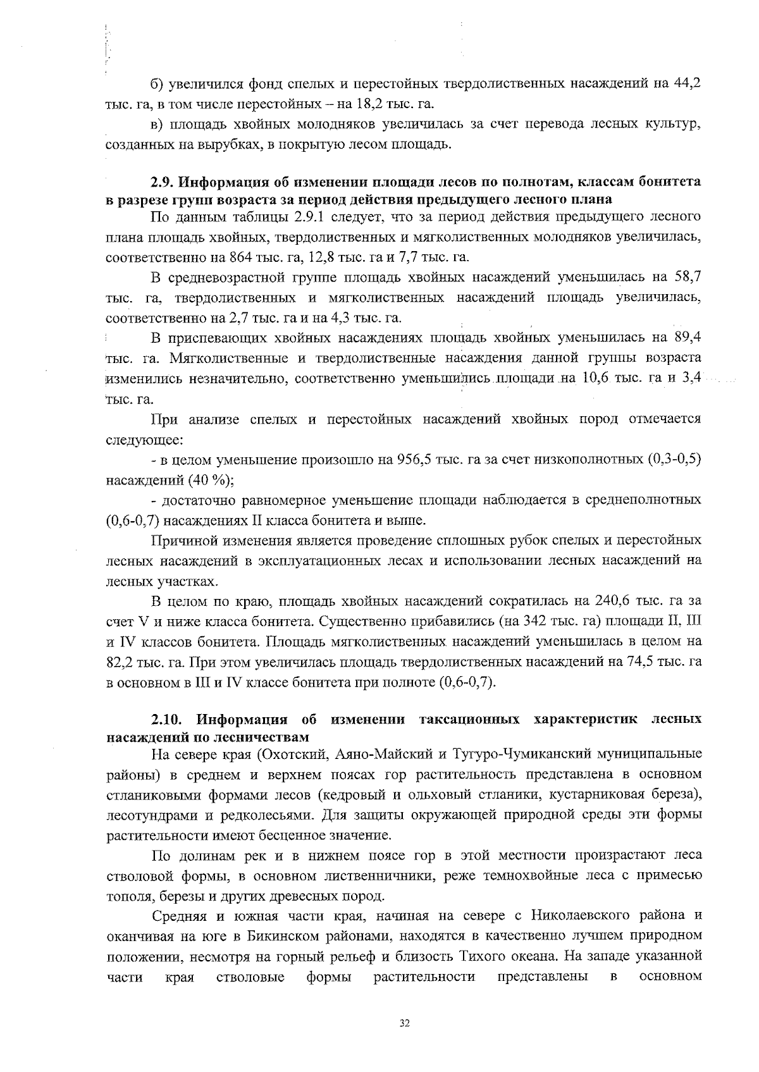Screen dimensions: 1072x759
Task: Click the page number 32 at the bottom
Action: [x=405, y=1023]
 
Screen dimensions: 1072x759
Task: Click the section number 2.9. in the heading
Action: [x=163, y=182]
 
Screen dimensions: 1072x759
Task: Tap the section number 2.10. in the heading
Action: [x=168, y=720]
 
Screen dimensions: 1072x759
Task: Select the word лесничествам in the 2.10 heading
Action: [x=261, y=737]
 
